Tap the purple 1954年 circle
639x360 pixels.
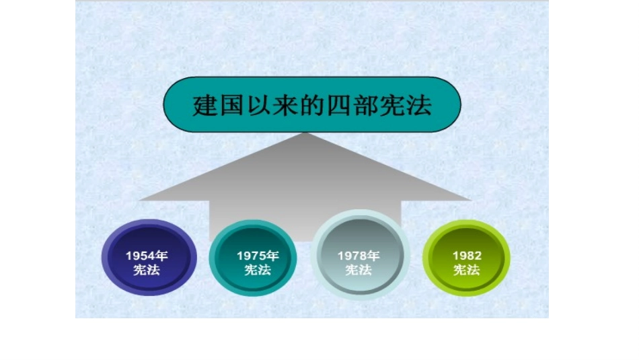[149, 260]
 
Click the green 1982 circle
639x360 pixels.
[466, 260]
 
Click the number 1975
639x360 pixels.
[252, 256]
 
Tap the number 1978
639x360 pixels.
[352, 256]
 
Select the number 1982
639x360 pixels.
[466, 256]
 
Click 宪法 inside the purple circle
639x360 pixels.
[147, 269]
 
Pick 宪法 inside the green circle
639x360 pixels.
[466, 270]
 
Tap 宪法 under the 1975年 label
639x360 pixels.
[258, 270]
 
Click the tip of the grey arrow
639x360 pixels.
[306, 134]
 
